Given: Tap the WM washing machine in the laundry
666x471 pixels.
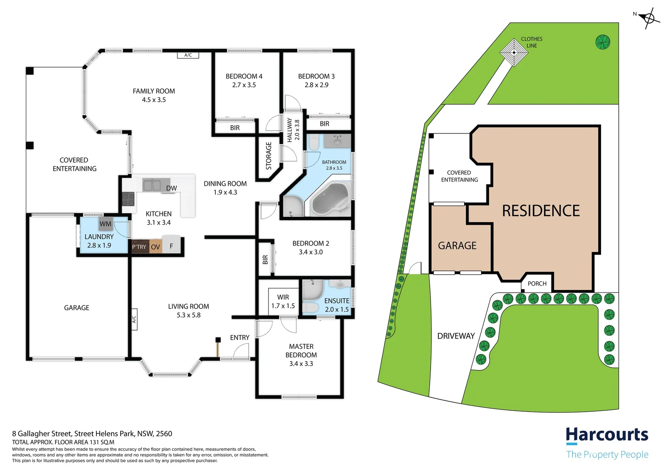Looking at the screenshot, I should point(105,224).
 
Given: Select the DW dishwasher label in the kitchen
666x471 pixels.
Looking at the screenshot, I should point(171,188).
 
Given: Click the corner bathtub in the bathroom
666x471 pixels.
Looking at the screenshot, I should point(330,199).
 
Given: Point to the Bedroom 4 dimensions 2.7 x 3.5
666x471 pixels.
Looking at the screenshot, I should point(244,85).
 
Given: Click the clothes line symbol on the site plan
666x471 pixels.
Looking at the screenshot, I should point(514,52).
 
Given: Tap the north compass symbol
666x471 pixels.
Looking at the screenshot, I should point(649,18).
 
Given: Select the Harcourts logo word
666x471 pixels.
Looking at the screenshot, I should point(607,435).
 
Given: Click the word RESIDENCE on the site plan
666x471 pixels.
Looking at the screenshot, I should point(540,211).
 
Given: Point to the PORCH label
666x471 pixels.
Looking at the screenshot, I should point(537,283).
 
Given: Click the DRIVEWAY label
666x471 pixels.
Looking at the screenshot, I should point(456,336).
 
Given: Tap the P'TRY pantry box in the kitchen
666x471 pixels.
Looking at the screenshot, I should point(139,247).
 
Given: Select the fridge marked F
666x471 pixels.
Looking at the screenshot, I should point(171,246).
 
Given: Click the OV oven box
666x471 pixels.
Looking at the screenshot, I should point(156,247).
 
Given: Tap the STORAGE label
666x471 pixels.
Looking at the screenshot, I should point(268,156).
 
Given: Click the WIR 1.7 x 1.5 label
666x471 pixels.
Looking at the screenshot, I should point(283,301).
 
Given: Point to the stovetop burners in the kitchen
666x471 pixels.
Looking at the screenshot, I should point(128,199).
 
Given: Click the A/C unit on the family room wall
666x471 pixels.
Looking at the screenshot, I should point(188,55).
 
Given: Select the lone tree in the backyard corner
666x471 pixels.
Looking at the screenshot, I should point(602,42).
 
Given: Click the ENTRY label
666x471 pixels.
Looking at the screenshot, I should point(240,338).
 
